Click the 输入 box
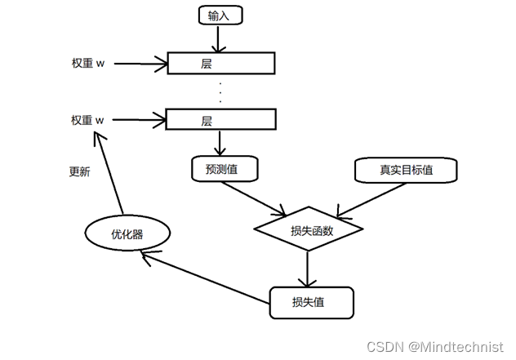[220, 16]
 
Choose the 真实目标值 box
[406, 170]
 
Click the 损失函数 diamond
[307, 231]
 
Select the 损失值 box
[311, 302]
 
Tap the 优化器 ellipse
[127, 234]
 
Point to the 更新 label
[80, 172]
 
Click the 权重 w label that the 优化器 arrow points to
[88, 120]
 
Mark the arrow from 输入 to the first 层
[220, 38]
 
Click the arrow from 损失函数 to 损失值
[307, 268]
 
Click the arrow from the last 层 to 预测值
[220, 143]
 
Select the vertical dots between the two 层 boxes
[220, 91]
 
